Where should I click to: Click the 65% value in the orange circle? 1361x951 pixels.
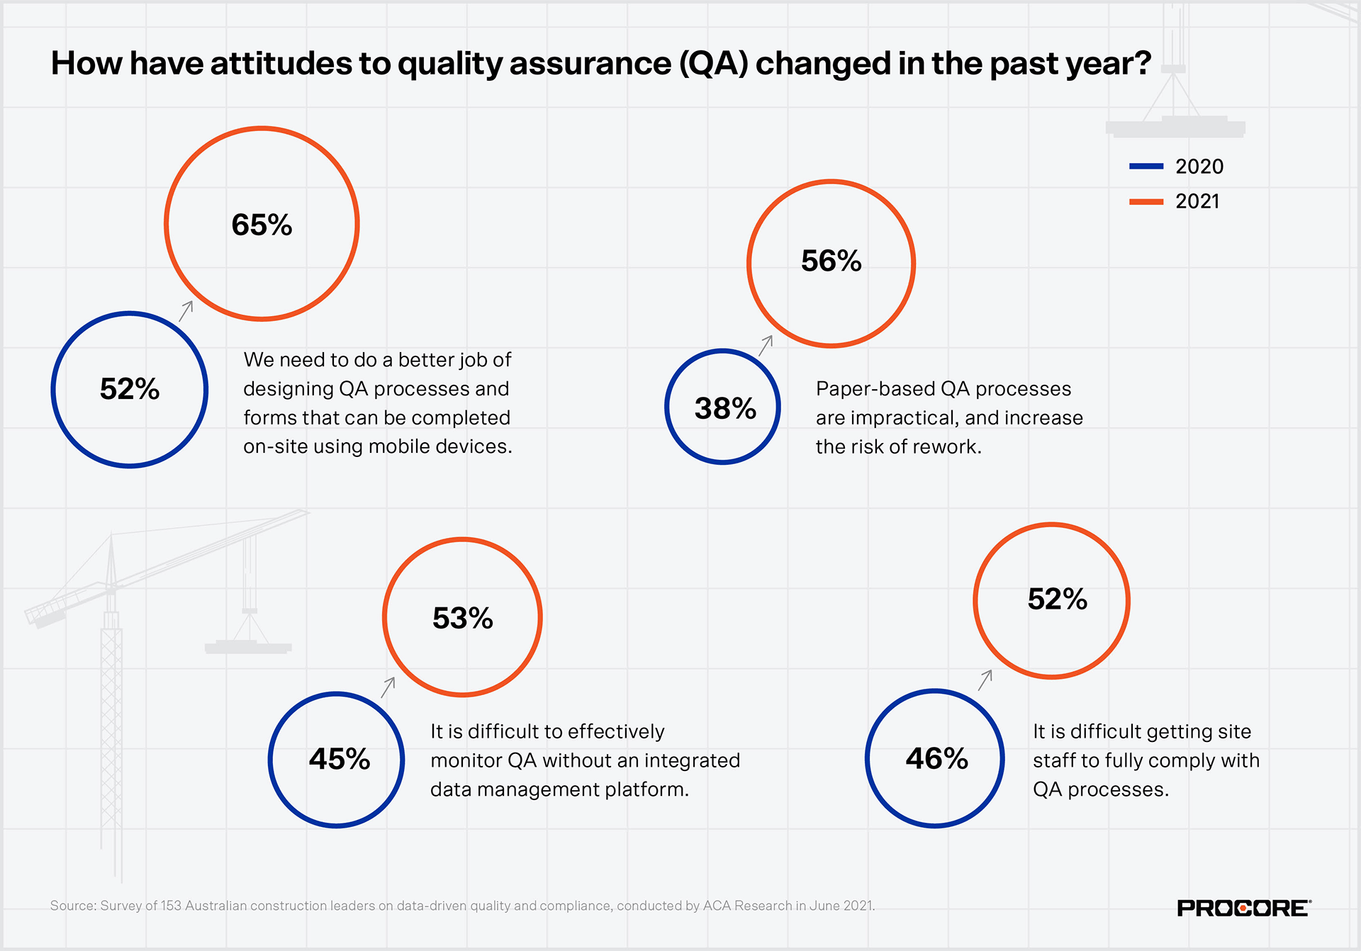coord(262,225)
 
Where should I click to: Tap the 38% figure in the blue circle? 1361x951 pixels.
coord(725,408)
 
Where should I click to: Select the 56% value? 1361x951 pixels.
coord(831,261)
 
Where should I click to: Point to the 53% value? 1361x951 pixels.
coord(462,618)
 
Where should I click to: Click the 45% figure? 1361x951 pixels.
coord(339,759)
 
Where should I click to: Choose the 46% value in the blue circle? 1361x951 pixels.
coord(936,758)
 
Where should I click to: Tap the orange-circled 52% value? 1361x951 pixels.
coord(1057,599)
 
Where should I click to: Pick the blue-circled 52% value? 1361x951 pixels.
coord(130,389)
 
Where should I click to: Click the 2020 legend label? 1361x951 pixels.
coord(1199,167)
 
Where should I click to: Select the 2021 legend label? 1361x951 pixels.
coord(1197,201)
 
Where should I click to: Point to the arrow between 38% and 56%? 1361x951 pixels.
coord(766,345)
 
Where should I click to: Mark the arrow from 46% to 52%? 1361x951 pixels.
coord(985,680)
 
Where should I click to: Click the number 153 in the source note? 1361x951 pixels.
coord(171,906)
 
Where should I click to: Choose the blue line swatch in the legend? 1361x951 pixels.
coord(1146,167)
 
